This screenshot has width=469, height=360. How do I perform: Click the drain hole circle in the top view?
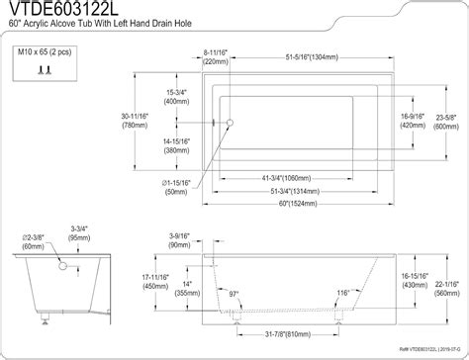tap(228, 123)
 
